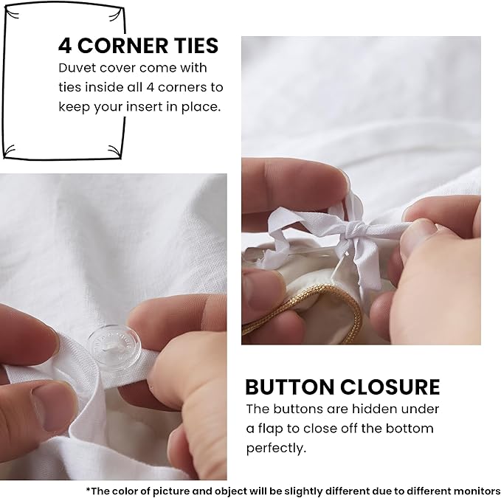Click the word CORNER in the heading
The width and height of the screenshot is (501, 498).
[x=122, y=45]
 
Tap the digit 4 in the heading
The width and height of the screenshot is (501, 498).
[x=65, y=45]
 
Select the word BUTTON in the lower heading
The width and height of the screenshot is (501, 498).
[x=289, y=387]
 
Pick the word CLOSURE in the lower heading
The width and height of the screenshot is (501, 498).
[x=390, y=387]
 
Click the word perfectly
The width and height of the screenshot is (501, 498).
[x=276, y=448]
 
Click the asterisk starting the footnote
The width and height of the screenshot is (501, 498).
[x=89, y=489]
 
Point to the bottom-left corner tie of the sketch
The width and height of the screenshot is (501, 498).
[x=9, y=151]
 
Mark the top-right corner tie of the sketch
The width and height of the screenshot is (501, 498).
[x=117, y=14]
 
